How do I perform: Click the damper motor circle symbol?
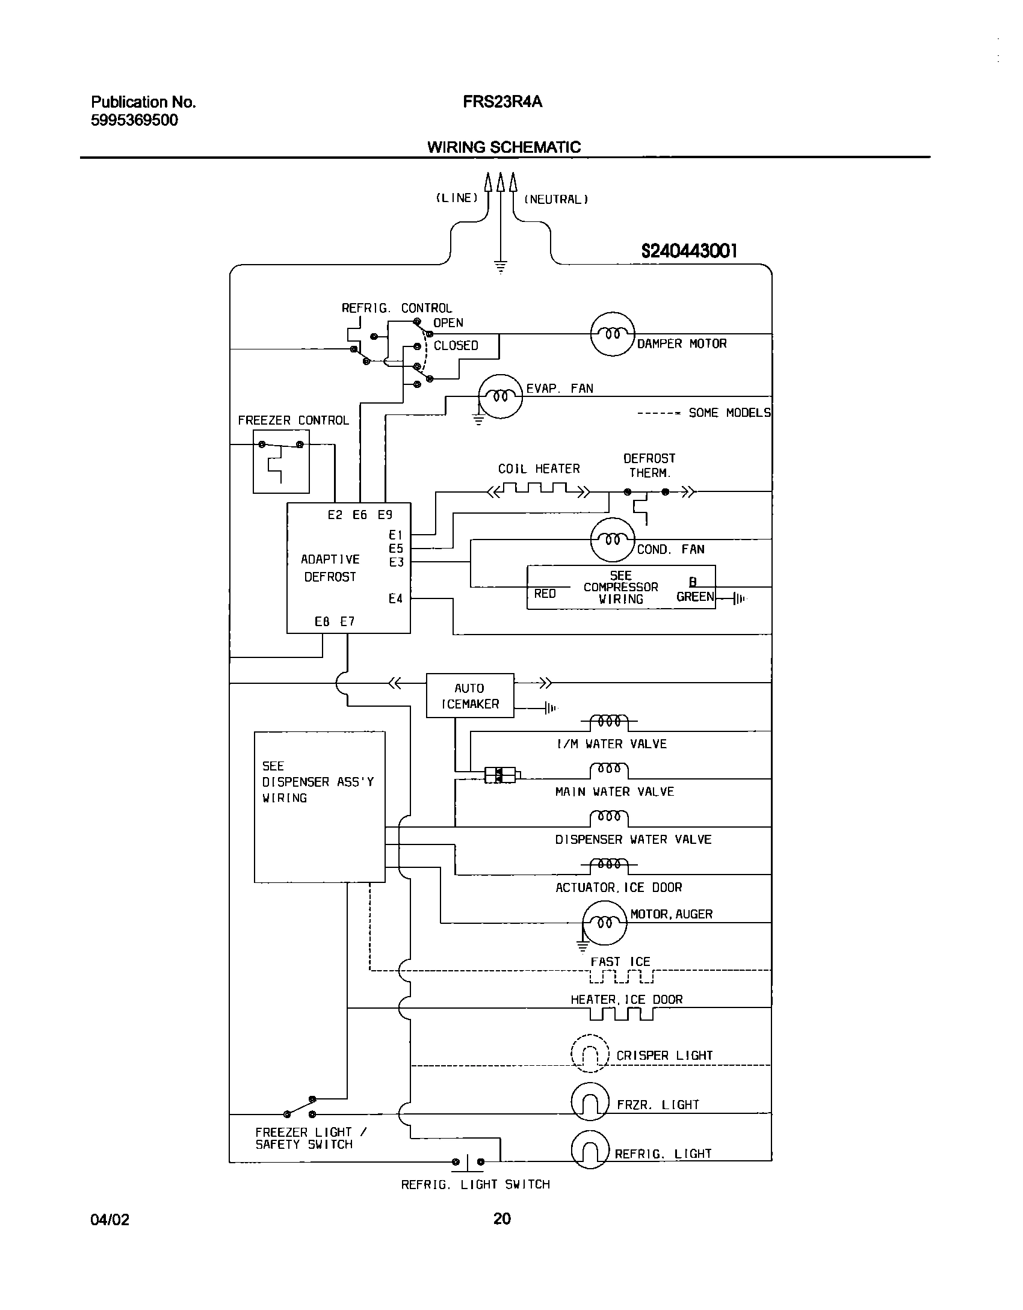point(612,334)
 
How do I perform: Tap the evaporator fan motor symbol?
point(500,396)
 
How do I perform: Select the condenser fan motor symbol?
point(612,540)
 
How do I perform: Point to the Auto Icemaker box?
point(470,695)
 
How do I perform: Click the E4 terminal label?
point(395,598)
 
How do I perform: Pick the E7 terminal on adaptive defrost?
point(348,622)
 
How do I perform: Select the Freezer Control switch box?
point(281,461)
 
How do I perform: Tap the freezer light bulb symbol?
point(590,1102)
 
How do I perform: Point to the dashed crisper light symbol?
point(590,1053)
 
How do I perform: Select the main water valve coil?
point(609,770)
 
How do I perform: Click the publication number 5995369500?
point(135,120)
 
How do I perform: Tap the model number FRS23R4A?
point(502,102)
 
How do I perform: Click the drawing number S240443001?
point(689,251)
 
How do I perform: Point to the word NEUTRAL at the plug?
point(556,200)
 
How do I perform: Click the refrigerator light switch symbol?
point(468,1162)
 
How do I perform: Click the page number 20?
point(502,1219)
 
